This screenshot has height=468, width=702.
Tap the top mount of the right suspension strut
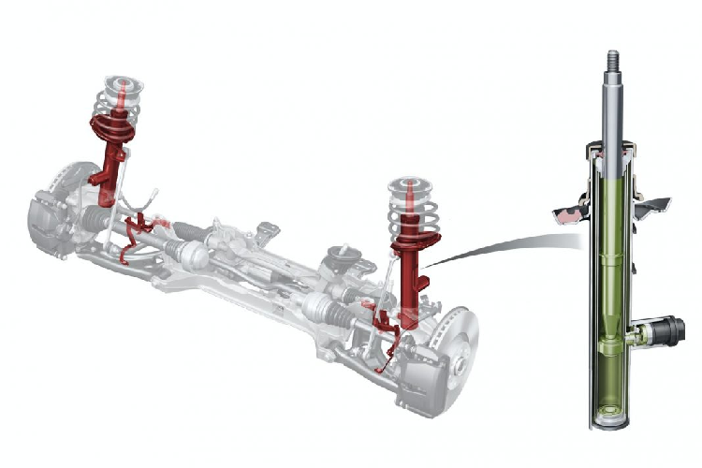pyautogui.click(x=409, y=188)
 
